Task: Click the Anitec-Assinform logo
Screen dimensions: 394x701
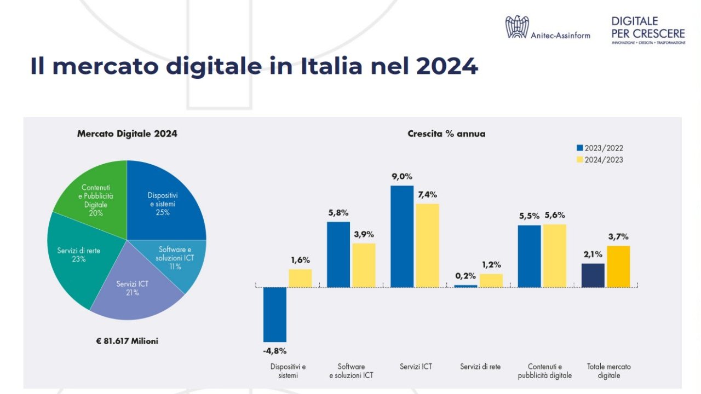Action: (x=547, y=27)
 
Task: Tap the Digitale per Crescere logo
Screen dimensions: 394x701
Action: (x=648, y=30)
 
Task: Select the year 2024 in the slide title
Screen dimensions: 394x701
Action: (x=447, y=66)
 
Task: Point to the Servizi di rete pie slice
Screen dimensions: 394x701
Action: (x=77, y=254)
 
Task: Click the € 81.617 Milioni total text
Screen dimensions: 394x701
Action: (x=127, y=341)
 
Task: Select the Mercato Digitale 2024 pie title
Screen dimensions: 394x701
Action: (x=127, y=134)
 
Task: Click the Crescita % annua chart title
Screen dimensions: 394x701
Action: (x=446, y=134)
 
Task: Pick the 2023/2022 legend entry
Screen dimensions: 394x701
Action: (x=600, y=148)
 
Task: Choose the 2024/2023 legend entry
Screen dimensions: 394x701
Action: (x=600, y=160)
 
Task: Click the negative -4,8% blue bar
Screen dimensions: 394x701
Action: (x=274, y=314)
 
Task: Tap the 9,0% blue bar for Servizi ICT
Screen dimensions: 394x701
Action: (x=401, y=236)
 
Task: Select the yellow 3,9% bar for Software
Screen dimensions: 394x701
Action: (x=364, y=265)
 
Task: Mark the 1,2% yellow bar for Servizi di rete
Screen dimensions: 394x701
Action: (x=491, y=280)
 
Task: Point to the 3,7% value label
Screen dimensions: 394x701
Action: (x=618, y=237)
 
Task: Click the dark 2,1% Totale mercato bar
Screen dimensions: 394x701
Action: (x=593, y=275)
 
